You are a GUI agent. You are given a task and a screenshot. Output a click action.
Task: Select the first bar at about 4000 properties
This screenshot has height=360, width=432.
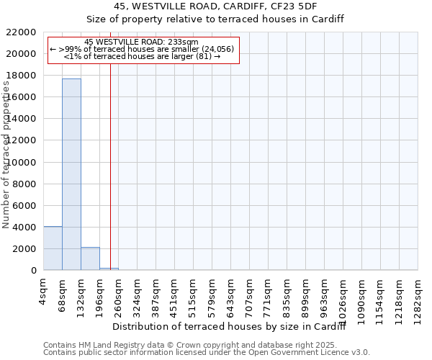(x=53, y=248)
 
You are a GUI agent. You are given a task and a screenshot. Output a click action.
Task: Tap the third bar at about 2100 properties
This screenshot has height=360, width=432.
(x=90, y=258)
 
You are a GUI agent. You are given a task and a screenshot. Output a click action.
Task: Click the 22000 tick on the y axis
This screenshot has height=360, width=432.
(x=25, y=32)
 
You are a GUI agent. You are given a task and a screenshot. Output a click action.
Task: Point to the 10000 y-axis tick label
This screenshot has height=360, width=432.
(x=25, y=162)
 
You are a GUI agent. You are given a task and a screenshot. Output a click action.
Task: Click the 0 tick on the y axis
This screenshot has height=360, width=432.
(x=34, y=271)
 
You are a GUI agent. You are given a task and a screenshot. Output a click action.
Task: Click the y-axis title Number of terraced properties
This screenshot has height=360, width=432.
(x=6, y=155)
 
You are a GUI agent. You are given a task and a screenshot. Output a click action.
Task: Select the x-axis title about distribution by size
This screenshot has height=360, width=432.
(x=230, y=327)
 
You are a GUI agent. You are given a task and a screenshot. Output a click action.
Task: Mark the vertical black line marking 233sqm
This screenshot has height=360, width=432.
(x=110, y=166)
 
